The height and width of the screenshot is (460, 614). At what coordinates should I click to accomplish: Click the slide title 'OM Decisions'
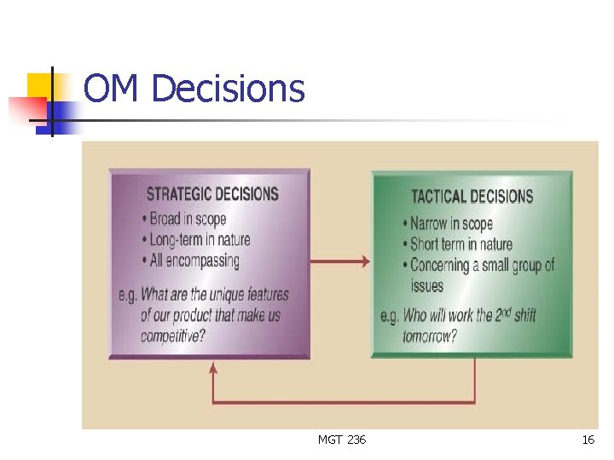point(194,89)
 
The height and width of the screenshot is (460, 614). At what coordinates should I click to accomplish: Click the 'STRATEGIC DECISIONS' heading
point(212,194)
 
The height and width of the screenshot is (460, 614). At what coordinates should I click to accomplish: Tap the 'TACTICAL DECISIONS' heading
point(472,197)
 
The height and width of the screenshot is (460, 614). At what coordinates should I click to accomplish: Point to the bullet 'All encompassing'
point(194,261)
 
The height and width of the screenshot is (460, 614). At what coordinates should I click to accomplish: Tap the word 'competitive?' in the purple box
point(173,336)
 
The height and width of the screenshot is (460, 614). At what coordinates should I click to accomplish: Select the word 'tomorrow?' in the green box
point(430,336)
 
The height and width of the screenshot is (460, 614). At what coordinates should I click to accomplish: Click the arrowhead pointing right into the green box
point(366,262)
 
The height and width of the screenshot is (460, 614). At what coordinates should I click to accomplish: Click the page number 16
point(588,440)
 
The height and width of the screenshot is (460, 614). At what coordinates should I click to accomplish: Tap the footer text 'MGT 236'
point(342,440)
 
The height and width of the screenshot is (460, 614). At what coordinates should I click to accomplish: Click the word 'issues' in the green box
point(427,286)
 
